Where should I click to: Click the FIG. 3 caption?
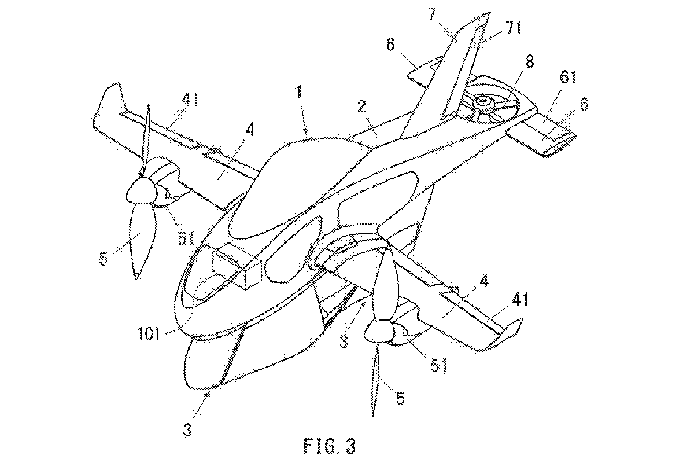click(329, 446)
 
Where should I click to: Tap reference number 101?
click(149, 335)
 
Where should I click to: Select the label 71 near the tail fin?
click(514, 27)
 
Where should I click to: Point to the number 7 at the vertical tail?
click(432, 14)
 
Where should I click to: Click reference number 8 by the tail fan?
click(530, 61)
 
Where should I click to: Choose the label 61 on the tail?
click(567, 76)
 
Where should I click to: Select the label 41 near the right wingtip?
click(520, 299)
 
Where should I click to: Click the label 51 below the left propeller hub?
click(185, 238)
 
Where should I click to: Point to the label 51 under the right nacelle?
click(439, 366)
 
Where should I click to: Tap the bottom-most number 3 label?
click(187, 430)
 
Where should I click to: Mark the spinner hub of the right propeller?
click(379, 332)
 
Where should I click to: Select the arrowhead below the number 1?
click(307, 133)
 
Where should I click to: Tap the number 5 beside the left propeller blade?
click(104, 259)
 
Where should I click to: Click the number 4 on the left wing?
click(250, 129)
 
